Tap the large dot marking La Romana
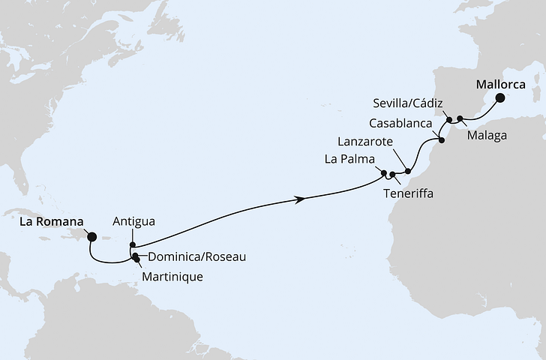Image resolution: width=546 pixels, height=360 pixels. (92, 237)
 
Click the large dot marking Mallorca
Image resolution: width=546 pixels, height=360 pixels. (499, 98)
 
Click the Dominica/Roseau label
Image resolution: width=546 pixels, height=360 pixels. (196, 256)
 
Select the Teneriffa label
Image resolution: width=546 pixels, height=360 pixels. (408, 193)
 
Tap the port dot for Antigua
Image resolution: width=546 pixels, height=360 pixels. (133, 244)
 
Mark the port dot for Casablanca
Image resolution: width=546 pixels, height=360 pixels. (441, 139)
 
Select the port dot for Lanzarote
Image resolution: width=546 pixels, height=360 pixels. (407, 172)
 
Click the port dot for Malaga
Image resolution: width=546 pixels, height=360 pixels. (460, 118)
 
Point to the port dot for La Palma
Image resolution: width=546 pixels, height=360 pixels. (384, 174)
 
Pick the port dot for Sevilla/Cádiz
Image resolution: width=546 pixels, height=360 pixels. (448, 119)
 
